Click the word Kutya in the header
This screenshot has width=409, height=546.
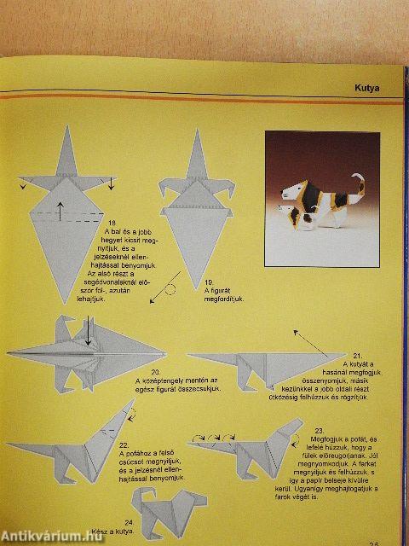point(366,87)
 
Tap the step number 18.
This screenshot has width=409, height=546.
point(112,224)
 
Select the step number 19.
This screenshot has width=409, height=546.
point(209,282)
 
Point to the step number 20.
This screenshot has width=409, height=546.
point(155,372)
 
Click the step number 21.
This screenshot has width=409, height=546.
point(357,354)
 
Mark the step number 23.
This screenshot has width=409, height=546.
point(319,431)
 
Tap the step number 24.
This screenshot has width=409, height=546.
point(128,521)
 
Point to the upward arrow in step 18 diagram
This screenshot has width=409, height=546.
point(60,209)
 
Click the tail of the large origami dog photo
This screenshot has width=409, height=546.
point(360,182)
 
